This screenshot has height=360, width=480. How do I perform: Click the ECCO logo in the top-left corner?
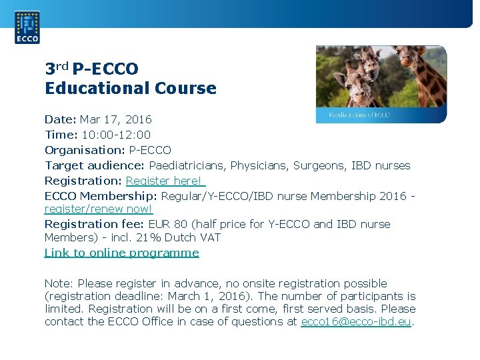tap(27, 27)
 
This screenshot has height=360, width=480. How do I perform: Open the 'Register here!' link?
tap(165, 181)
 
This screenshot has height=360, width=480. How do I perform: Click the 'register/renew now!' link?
tap(98, 209)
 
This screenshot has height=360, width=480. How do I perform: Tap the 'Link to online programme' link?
tap(121, 253)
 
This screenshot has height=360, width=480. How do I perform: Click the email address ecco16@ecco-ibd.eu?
tap(357, 321)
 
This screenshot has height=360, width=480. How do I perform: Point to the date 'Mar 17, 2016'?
tap(115, 119)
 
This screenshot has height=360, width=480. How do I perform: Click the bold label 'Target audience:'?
tap(95, 165)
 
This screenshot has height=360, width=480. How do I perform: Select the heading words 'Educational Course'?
tap(131, 88)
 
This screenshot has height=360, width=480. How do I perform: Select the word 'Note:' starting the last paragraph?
tap(58, 283)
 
